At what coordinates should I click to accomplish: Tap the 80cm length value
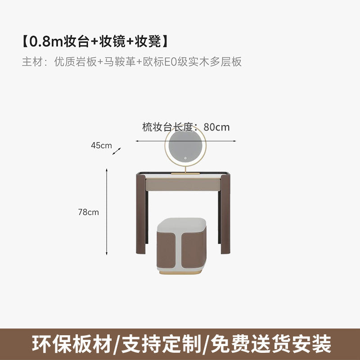[216, 127]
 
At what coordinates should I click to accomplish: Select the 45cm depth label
[101, 145]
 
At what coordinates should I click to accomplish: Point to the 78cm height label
[88, 212]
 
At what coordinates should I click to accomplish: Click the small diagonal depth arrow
[117, 151]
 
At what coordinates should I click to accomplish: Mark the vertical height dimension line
[107, 211]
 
